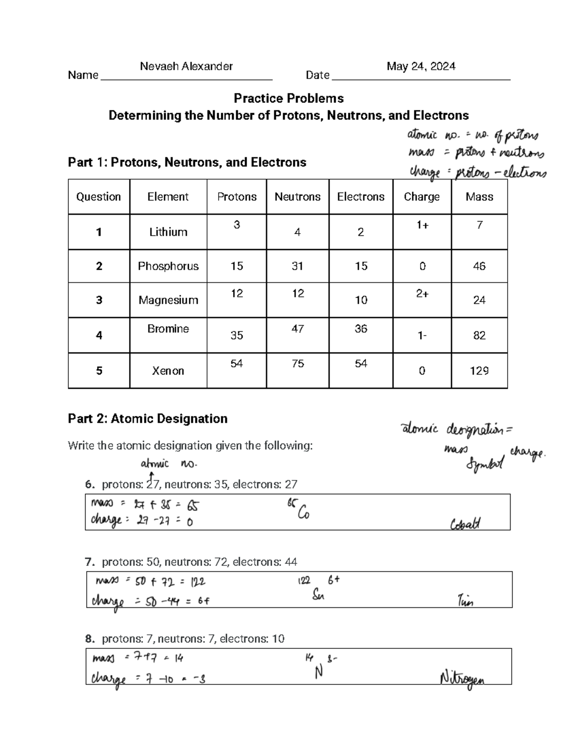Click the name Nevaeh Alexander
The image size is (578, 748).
click(x=186, y=66)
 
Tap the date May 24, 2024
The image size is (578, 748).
click(x=420, y=66)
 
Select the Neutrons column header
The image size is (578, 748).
click(x=297, y=197)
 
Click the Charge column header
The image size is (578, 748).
click(x=421, y=197)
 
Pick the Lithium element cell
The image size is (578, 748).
click(x=168, y=232)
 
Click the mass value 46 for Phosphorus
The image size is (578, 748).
click(x=479, y=266)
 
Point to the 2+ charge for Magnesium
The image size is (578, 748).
click(x=422, y=294)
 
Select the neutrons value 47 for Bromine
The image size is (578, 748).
click(x=298, y=328)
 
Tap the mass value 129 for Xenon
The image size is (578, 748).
click(x=479, y=371)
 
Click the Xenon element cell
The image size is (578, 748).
click(x=168, y=371)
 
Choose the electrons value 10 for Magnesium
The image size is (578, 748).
click(x=361, y=300)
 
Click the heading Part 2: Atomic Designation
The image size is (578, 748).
click(x=147, y=419)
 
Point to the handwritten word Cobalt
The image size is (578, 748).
click(x=465, y=524)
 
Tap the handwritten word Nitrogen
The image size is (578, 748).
click(x=462, y=679)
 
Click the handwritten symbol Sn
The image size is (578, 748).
click(x=318, y=595)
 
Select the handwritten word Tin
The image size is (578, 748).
click(x=465, y=601)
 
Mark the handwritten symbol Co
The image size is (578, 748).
click(x=303, y=513)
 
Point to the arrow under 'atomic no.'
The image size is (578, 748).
click(x=152, y=476)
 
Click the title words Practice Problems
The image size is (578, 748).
click(x=289, y=98)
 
